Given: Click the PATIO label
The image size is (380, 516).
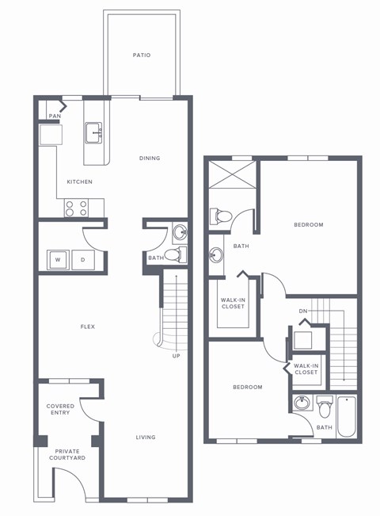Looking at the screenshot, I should click(x=142, y=55).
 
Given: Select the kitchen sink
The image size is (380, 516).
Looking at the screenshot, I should click(x=93, y=132).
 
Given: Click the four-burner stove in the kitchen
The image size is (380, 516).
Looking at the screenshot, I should click(x=76, y=208).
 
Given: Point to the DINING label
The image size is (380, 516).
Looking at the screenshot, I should click(x=150, y=159).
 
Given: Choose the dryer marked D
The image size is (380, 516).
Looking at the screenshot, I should click(x=83, y=258).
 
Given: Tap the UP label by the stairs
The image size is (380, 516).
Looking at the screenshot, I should click(x=175, y=356).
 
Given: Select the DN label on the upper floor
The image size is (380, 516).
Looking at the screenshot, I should click(x=303, y=310).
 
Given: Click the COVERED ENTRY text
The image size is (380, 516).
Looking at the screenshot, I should click(x=60, y=410).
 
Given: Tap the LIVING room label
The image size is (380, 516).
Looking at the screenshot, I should click(x=145, y=437).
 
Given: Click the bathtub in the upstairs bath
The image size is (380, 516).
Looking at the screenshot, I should click(x=348, y=415).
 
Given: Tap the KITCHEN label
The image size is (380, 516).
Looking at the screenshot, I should click(x=79, y=182).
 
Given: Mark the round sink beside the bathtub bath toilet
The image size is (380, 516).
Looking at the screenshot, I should click(x=301, y=404).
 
